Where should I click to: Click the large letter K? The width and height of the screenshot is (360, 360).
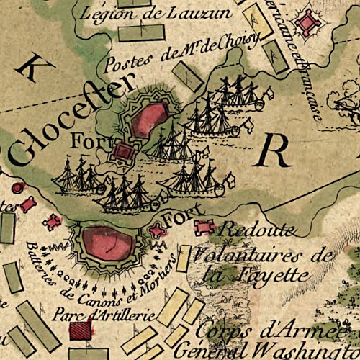31,68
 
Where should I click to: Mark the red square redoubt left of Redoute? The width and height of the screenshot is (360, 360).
204,228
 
